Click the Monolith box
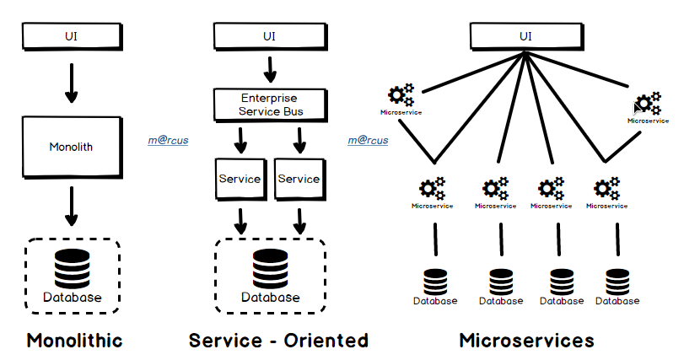(x=71, y=146)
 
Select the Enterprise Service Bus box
(x=269, y=104)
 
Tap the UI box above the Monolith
(x=71, y=35)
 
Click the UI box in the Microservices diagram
(x=525, y=35)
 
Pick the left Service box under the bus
(x=240, y=179)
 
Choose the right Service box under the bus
(x=299, y=179)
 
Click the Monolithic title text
(x=74, y=341)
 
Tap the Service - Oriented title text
(x=278, y=341)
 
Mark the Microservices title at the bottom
(x=526, y=341)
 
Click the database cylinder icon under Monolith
(x=72, y=270)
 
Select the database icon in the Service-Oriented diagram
(x=270, y=270)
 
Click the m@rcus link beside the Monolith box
(x=167, y=140)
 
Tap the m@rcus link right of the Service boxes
(x=368, y=140)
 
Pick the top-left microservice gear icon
(x=401, y=95)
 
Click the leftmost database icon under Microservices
(x=435, y=281)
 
